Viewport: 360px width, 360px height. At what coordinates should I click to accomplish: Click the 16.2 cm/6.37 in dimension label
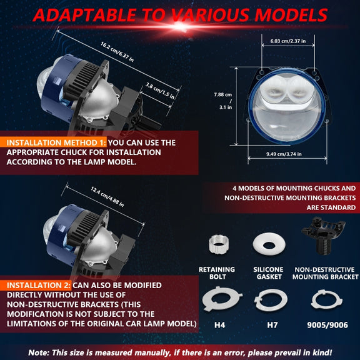(x=117, y=52)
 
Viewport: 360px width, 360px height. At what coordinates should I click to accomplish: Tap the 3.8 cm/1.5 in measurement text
(x=160, y=91)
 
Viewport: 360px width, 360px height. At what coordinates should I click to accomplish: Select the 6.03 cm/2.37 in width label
(x=288, y=41)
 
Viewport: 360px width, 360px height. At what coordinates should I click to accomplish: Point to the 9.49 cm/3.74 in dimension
(x=284, y=154)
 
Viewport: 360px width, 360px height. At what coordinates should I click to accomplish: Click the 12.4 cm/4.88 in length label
(x=107, y=196)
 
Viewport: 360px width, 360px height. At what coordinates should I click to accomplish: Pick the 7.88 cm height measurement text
(x=223, y=94)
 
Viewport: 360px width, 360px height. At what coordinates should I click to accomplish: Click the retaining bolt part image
(x=219, y=244)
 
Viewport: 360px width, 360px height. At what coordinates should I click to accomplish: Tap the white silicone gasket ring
(x=269, y=244)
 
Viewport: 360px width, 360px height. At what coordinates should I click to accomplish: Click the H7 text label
(x=272, y=325)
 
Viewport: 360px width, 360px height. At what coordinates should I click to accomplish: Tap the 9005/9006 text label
(x=327, y=325)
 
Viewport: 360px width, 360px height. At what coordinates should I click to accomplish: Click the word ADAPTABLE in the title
(x=84, y=15)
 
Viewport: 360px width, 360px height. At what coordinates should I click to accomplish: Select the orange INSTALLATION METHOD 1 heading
(x=56, y=142)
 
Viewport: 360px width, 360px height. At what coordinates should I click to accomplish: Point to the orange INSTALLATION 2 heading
(x=39, y=285)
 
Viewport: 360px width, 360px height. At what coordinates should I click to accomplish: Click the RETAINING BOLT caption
(x=217, y=273)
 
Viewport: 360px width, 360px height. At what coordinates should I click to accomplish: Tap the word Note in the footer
(x=39, y=352)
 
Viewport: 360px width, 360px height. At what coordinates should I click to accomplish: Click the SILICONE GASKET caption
(x=268, y=273)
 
